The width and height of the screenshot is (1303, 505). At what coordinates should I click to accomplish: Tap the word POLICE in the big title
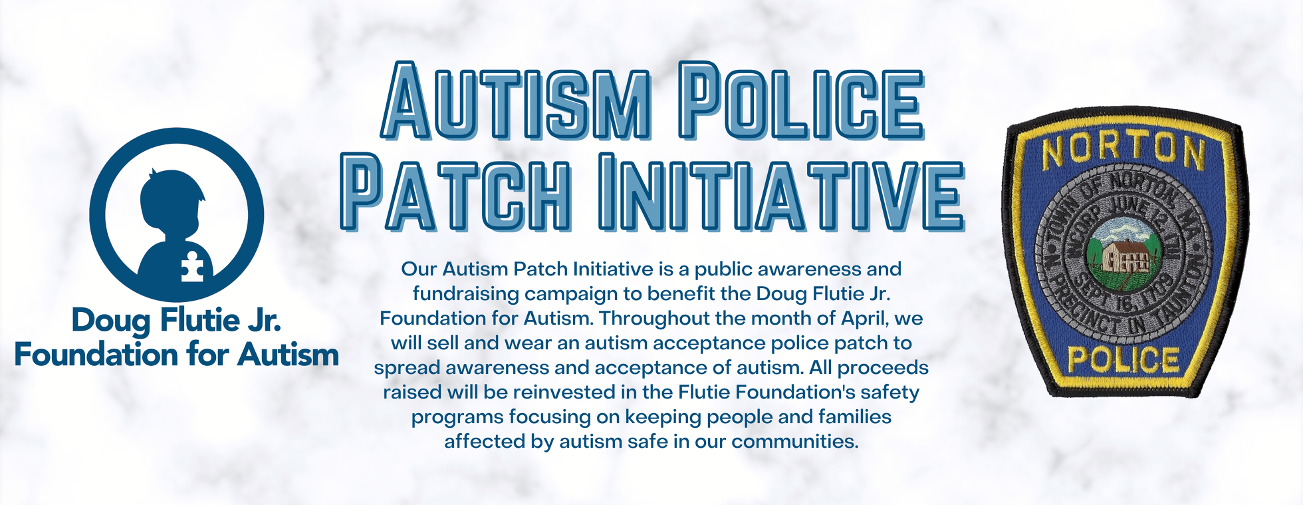(802, 100)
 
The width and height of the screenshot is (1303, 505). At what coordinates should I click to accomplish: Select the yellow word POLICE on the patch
(1124, 360)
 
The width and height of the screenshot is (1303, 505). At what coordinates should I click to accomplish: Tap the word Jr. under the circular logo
(264, 320)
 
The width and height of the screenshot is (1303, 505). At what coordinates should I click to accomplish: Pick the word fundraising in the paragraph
(465, 294)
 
